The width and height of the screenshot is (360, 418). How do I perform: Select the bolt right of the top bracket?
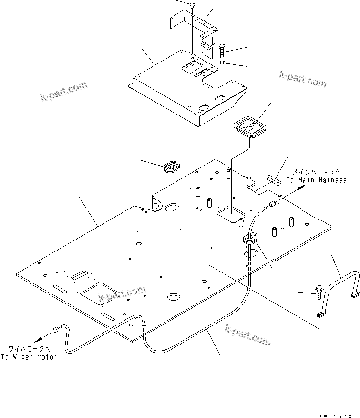click(x=223, y=49)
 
